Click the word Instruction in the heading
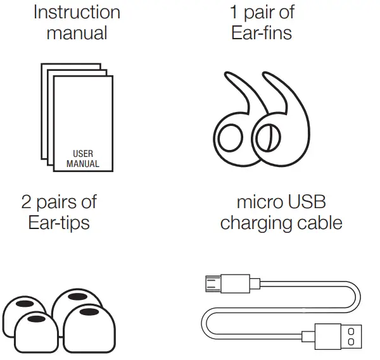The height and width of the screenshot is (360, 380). pyautogui.click(x=77, y=12)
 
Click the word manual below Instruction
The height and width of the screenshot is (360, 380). pyautogui.click(x=77, y=32)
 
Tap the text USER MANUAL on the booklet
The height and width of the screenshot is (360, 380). pyautogui.click(x=83, y=158)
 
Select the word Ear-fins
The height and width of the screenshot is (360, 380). pyautogui.click(x=262, y=32)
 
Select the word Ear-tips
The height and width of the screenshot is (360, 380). pyautogui.click(x=59, y=223)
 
